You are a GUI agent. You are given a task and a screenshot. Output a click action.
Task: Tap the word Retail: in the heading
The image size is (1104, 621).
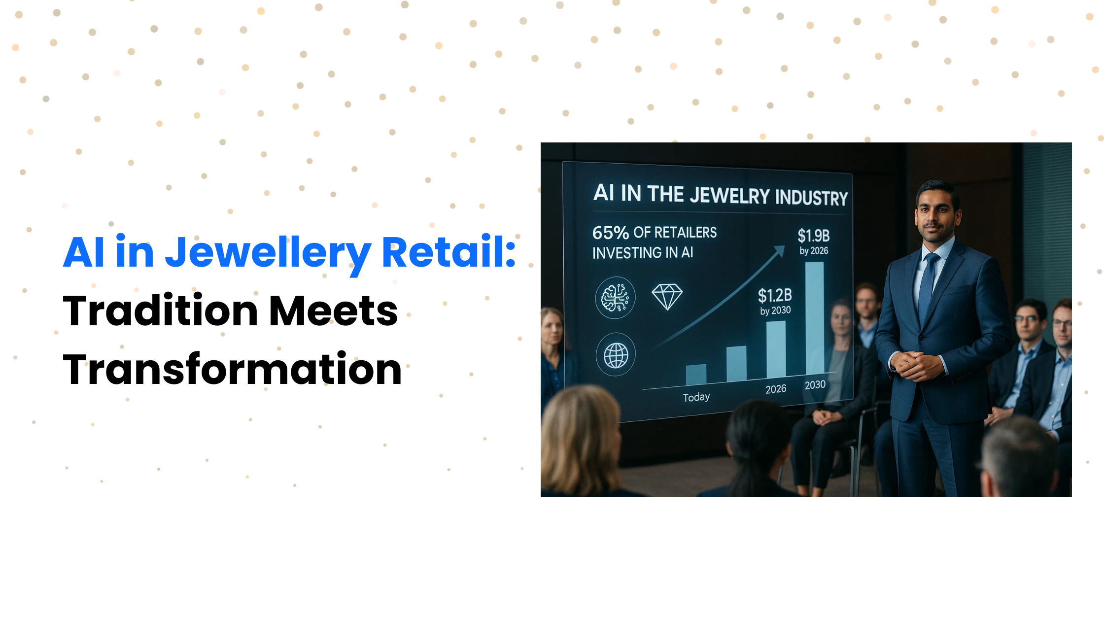[x=448, y=252]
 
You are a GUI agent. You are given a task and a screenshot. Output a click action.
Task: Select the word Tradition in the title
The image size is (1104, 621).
[x=161, y=310]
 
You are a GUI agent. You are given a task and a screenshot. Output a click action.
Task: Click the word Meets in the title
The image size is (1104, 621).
[x=334, y=311]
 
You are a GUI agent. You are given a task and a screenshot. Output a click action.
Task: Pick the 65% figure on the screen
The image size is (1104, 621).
[x=610, y=232]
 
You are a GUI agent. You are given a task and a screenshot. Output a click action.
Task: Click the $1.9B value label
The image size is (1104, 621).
[x=814, y=236]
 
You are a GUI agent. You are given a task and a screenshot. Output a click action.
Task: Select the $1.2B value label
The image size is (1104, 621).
[x=775, y=295]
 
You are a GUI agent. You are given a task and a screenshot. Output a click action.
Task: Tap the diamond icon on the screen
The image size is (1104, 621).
[x=667, y=297]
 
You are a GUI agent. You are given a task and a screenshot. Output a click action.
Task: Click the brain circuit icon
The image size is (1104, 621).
[x=615, y=298]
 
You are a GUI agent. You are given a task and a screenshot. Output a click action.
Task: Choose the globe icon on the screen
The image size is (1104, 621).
[x=616, y=355]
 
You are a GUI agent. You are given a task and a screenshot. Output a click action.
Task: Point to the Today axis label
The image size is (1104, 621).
[x=696, y=397]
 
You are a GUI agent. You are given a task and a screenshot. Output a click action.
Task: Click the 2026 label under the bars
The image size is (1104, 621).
[x=776, y=389]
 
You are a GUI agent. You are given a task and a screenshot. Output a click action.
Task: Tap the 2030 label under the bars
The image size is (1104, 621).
[x=815, y=384]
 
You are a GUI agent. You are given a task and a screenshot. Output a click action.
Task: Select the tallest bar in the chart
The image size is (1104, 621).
[x=815, y=318]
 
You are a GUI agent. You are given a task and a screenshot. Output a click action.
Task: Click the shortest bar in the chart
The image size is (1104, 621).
[x=696, y=375]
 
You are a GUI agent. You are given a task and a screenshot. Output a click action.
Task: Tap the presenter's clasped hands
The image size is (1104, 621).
[x=916, y=365]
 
